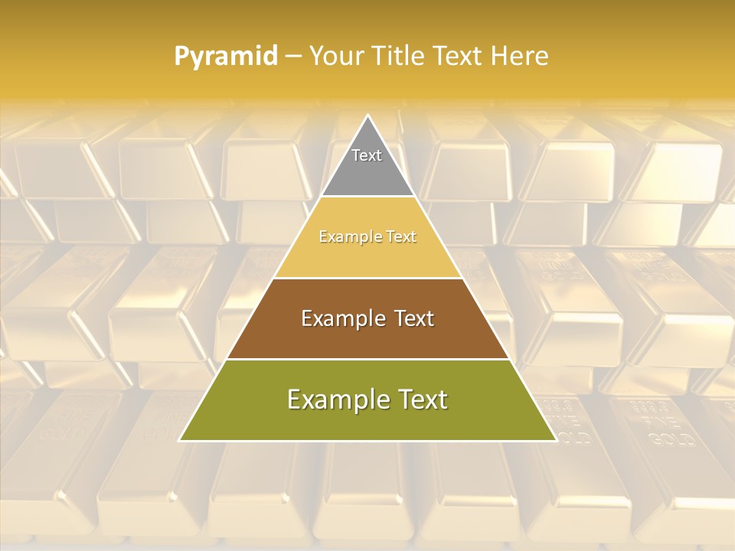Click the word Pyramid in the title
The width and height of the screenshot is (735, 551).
tap(226, 57)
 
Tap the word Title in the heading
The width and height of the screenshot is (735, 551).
tap(398, 56)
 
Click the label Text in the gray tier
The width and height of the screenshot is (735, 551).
tap(367, 155)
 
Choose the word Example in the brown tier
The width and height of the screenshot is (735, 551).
tap(341, 318)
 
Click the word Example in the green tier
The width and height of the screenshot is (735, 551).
tap(335, 399)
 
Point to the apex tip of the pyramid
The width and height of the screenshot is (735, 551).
tap(368, 117)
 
